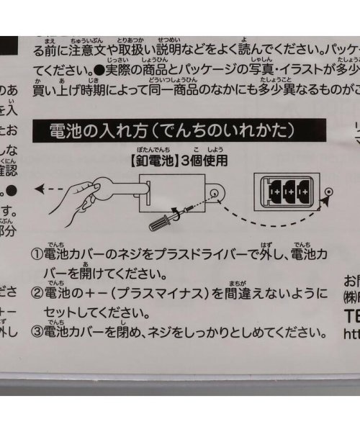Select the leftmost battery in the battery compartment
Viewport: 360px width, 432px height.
click(x=277, y=192)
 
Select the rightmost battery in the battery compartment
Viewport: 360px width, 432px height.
click(x=306, y=192)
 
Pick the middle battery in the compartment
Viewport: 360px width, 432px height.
click(x=292, y=192)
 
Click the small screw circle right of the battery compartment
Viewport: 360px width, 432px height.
click(x=329, y=192)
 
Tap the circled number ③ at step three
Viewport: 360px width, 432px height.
click(x=36, y=333)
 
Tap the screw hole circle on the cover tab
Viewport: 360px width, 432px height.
click(x=215, y=193)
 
